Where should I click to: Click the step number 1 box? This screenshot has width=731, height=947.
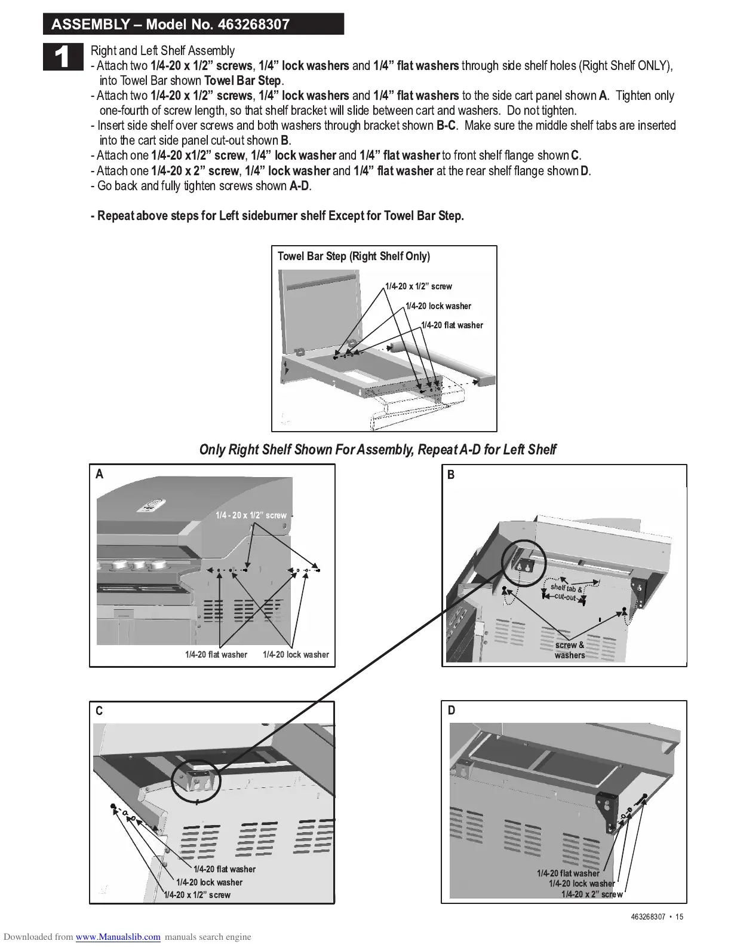pos(63,57)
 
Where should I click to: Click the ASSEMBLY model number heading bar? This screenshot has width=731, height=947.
pos(193,25)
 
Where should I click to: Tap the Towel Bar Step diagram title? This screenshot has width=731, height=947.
pos(354,256)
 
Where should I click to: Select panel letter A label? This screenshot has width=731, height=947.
pos(100,474)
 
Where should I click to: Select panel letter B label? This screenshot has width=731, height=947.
pos(451,475)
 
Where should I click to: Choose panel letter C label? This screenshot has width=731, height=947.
pos(99,711)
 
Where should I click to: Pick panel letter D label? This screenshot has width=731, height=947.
pos(451,710)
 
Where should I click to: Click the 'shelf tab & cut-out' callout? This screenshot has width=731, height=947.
pos(566,592)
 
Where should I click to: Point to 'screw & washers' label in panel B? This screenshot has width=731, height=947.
pos(570,650)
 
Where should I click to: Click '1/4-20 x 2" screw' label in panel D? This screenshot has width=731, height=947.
pos(592,894)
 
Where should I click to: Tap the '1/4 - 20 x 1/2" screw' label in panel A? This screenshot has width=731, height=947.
pos(251,515)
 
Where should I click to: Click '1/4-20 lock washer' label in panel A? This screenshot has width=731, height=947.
pos(296,655)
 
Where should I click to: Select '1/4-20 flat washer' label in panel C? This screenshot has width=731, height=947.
pos(225,869)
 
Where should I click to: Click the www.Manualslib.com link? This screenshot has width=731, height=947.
pos(118,937)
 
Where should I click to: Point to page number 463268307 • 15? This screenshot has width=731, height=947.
pos(656,917)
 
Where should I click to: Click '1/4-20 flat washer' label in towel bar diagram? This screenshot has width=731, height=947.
pos(451,325)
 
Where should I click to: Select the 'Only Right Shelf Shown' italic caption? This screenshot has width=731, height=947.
pos(377,450)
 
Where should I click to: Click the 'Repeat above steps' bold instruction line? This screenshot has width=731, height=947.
pos(277,216)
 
